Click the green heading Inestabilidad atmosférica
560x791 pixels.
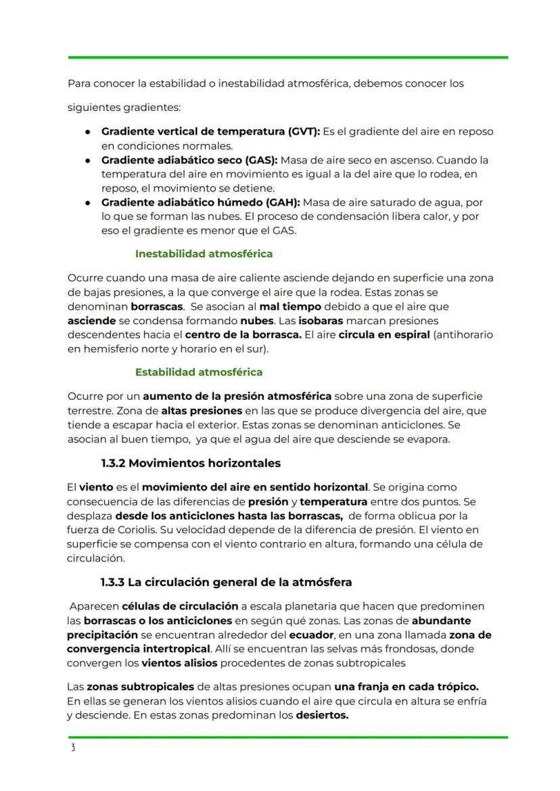(204, 254)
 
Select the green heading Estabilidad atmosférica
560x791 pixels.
(199, 372)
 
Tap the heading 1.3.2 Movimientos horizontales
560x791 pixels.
(190, 464)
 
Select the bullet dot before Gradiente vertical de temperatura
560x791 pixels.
(88, 132)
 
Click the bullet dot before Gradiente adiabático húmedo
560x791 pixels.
(88, 202)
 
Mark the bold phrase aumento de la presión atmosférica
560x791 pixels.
(237, 396)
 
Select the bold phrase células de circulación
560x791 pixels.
(180, 606)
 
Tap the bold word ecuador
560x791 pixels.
(311, 635)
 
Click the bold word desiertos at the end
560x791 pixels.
(322, 715)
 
